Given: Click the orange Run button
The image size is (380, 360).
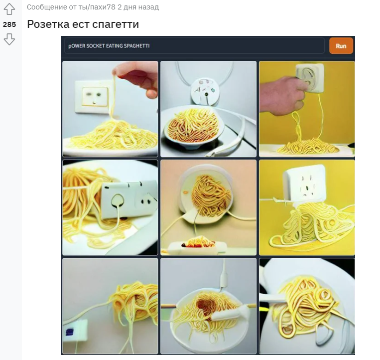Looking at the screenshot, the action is (x=341, y=46).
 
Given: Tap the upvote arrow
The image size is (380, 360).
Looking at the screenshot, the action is (x=9, y=9).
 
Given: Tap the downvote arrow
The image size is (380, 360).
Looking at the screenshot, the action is (x=9, y=39).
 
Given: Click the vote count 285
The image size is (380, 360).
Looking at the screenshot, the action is (x=9, y=24).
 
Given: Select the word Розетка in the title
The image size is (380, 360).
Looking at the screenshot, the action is (x=48, y=24).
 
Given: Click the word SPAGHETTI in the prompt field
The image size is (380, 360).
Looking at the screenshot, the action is (x=136, y=46).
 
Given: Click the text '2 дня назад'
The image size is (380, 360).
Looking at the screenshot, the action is (x=138, y=7).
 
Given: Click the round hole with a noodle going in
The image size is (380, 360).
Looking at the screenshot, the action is (x=118, y=200).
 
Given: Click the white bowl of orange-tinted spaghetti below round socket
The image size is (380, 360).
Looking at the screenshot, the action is (x=193, y=127).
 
